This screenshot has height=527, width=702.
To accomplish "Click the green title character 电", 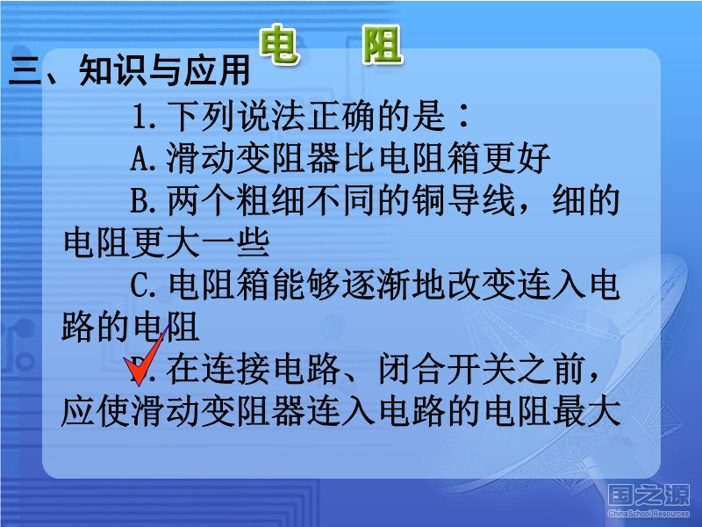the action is tap(278, 44).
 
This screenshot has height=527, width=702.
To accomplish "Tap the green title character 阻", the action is tap(382, 44).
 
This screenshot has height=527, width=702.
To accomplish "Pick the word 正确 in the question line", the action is tap(340, 116).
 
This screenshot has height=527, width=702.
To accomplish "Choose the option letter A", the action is tap(140, 158).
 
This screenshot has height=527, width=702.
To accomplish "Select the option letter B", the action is tap(140, 200).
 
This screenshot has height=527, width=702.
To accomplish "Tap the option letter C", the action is tap(140, 285).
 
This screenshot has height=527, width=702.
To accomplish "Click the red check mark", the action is tap(145, 358).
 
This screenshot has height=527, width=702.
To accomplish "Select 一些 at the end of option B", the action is tap(235, 242).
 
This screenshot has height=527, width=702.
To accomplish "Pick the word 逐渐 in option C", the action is tap(376, 285).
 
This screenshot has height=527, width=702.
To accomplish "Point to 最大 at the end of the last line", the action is tap(586, 411).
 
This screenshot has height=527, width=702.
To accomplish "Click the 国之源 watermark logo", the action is tap(648, 496).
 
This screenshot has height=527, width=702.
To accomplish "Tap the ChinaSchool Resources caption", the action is tap(648, 514).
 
